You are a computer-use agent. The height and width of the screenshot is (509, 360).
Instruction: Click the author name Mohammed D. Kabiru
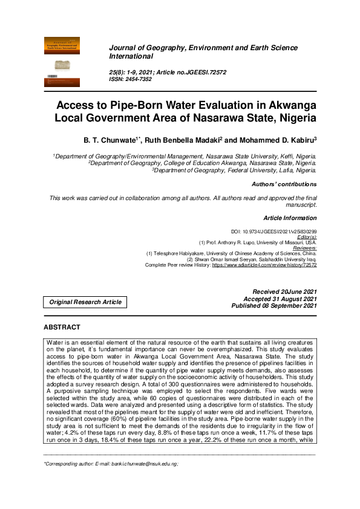click(277, 139)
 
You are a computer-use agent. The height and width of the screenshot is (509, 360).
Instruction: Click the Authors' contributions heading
click(284, 184)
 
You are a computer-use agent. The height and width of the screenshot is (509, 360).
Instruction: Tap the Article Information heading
click(290, 217)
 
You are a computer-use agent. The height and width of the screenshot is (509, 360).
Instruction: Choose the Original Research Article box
click(85, 302)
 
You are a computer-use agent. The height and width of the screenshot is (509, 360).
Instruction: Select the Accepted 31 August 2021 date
click(280, 299)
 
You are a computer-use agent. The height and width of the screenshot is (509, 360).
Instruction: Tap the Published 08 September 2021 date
click(274, 306)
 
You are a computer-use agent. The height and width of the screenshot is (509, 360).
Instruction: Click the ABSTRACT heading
click(62, 327)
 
